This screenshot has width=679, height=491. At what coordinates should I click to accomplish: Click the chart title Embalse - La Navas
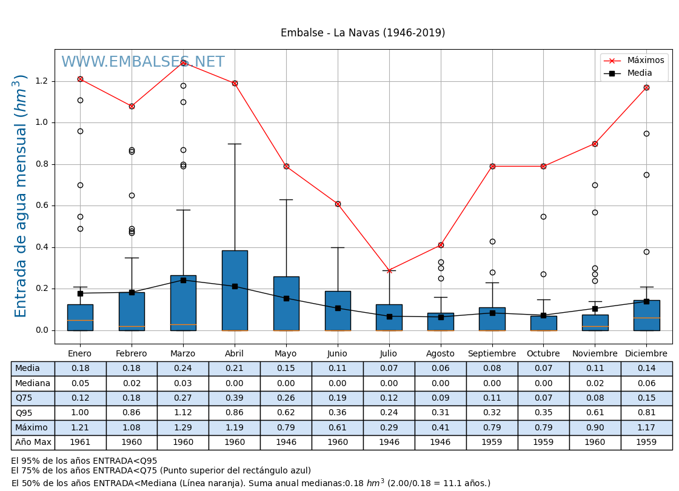(x=363, y=33)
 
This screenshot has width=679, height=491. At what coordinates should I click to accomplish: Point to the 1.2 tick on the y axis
(x=41, y=81)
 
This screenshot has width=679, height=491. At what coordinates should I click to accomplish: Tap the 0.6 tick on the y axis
(x=41, y=205)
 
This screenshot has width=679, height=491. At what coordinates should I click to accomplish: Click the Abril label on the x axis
(x=235, y=354)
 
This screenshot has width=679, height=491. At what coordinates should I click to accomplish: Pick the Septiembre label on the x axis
(x=492, y=354)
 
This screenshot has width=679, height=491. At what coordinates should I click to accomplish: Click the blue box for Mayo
(x=286, y=303)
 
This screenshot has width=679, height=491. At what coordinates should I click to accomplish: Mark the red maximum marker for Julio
(x=389, y=270)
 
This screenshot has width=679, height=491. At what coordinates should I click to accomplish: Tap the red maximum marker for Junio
(x=338, y=204)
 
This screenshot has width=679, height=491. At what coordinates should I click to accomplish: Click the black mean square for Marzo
(x=183, y=280)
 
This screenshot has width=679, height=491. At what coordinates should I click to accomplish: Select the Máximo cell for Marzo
(x=182, y=428)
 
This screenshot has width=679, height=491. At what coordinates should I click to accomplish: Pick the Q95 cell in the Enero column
(x=80, y=413)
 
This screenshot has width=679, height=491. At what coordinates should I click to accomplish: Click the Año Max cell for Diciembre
(x=646, y=443)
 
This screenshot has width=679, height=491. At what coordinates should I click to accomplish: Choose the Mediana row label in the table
(x=33, y=384)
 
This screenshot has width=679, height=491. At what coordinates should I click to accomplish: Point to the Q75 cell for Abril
(x=234, y=398)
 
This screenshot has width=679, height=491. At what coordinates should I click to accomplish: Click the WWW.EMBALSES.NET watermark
(x=143, y=62)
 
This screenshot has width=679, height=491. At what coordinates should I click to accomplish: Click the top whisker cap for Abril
(x=235, y=144)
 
